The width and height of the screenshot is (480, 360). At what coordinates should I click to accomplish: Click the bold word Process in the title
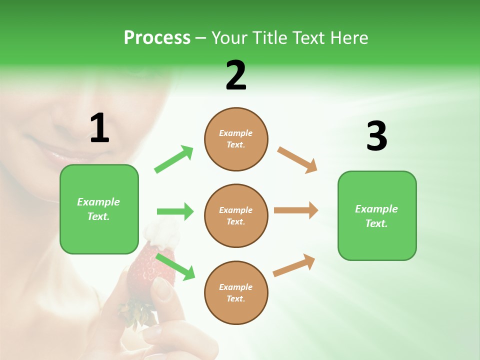coord(157,37)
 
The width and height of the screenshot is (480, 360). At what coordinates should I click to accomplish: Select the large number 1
coord(99,128)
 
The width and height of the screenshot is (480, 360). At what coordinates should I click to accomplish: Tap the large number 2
coord(236,75)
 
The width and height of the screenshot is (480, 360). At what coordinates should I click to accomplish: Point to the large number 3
coord(376,136)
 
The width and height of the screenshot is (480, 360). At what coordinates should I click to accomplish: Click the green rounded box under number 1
coord(99,209)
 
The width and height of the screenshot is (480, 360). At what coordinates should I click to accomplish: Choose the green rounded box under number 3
coord(377,216)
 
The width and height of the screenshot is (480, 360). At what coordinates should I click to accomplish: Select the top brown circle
coord(236,139)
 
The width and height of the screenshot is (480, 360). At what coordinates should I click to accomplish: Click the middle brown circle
coord(236,215)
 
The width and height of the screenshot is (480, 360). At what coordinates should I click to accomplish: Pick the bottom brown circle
coord(236,292)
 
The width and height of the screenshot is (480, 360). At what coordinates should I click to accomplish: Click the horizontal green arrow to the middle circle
coord(175,211)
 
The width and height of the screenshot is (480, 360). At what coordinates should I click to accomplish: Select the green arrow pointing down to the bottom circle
coord(175,266)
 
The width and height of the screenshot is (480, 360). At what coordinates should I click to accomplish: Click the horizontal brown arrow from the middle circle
coord(296,210)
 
